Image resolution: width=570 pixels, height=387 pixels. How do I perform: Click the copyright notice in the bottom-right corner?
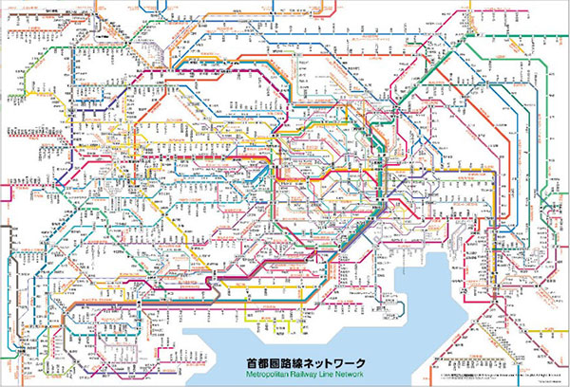[494, 365]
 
